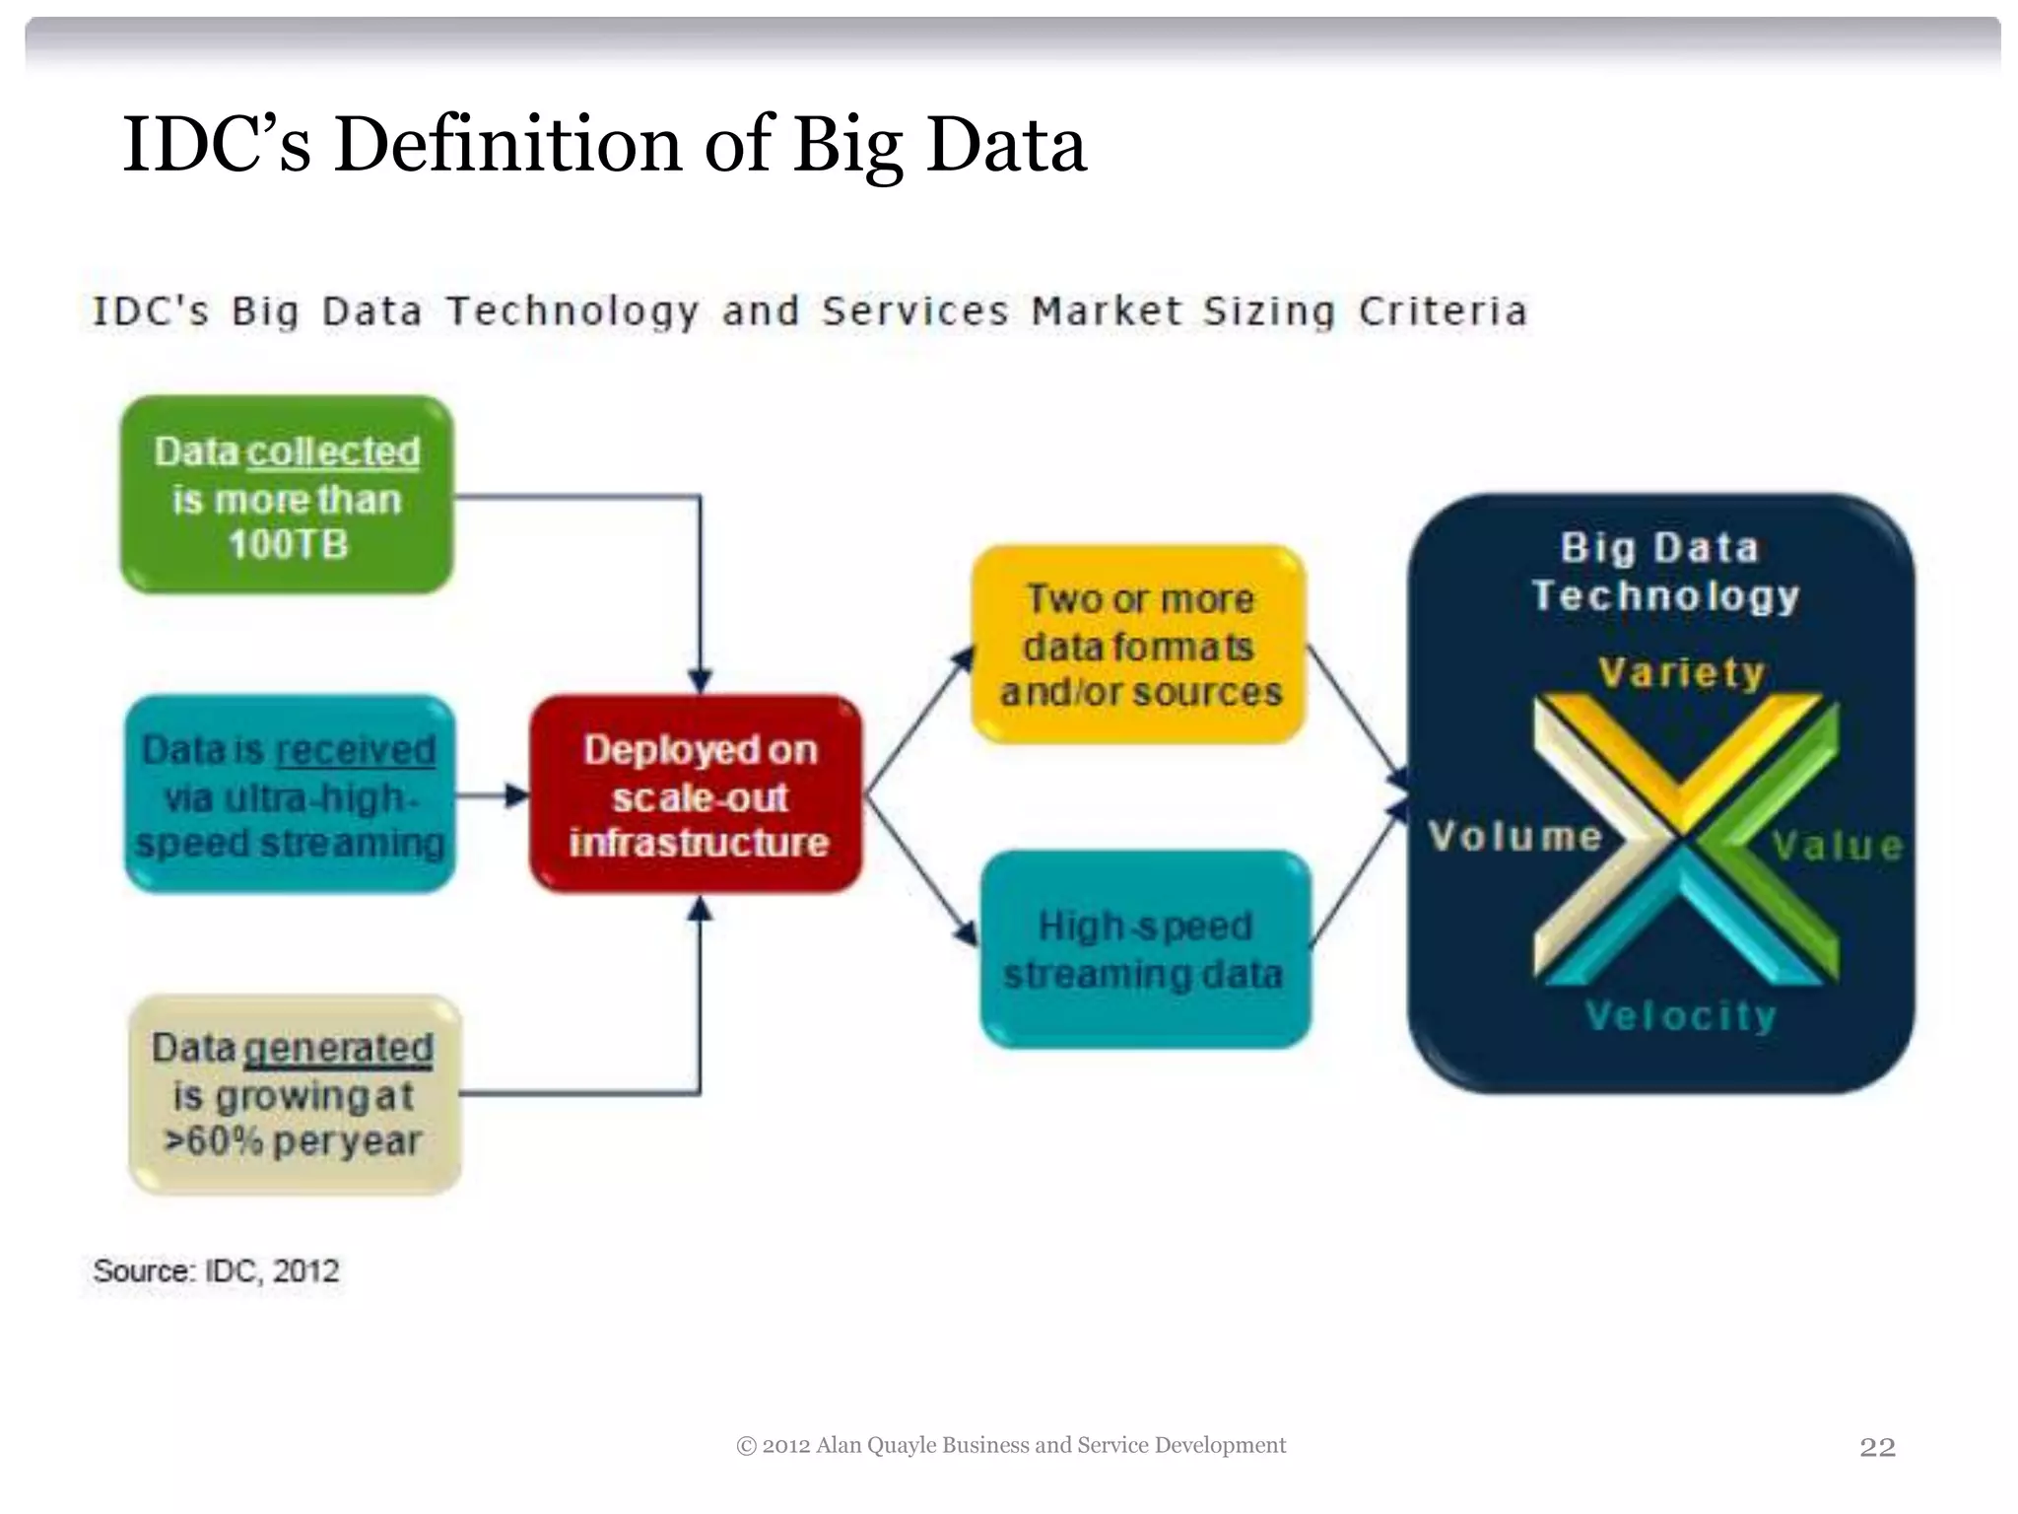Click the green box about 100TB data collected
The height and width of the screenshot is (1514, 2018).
click(x=287, y=496)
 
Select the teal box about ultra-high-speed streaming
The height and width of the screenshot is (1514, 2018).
click(x=290, y=794)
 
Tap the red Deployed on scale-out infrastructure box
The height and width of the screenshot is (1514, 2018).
click(x=697, y=794)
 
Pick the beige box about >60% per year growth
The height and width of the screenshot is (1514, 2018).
click(x=295, y=1094)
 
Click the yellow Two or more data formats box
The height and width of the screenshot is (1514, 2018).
click(x=1139, y=645)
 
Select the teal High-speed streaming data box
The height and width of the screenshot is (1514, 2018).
click(x=1145, y=949)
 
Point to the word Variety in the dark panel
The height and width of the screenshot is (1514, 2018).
click(x=1681, y=672)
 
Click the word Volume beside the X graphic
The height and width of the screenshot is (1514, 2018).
click(x=1514, y=836)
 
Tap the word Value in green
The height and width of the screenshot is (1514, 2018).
click(x=1837, y=846)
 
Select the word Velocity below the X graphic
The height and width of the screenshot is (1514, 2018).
click(x=1681, y=1015)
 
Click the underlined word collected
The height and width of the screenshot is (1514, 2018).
click(x=333, y=451)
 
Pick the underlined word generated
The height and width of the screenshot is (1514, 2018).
click(x=338, y=1048)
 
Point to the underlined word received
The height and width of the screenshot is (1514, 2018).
click(x=355, y=750)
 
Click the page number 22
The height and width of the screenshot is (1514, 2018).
click(x=1877, y=1446)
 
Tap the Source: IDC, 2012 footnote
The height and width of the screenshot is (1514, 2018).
click(x=216, y=1271)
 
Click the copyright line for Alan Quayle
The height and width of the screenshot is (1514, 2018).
click(x=1011, y=1445)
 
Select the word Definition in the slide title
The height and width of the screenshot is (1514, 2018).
click(x=507, y=144)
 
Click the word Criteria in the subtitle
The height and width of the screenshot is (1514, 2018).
click(x=1444, y=311)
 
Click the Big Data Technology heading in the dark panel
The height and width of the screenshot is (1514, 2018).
click(x=1664, y=572)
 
